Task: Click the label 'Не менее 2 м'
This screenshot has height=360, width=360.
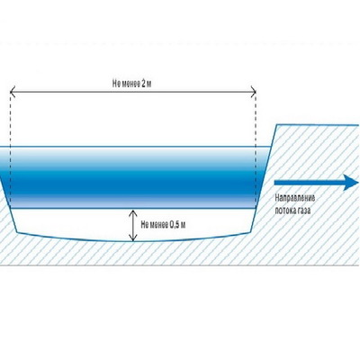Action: click(x=131, y=84)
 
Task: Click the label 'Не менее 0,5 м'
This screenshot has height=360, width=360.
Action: click(x=163, y=225)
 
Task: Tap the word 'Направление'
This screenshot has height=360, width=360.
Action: click(x=295, y=198)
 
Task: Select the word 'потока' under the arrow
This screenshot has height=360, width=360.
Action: click(x=285, y=211)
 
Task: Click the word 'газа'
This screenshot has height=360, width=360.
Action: click(x=304, y=211)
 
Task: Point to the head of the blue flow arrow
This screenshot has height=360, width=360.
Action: click(x=351, y=182)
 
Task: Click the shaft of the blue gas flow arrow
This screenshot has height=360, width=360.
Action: click(x=309, y=183)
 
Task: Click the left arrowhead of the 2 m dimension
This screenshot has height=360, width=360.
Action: click(x=13, y=91)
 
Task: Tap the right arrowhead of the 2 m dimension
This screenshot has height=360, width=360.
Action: click(x=254, y=91)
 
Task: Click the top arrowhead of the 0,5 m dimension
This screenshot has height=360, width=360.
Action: click(x=133, y=212)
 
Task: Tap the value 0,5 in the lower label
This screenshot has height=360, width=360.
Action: click(x=175, y=225)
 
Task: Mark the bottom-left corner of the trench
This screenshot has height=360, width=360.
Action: click(x=17, y=232)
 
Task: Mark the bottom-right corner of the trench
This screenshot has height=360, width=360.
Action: click(x=250, y=232)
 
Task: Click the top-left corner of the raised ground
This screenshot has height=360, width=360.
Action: click(x=277, y=124)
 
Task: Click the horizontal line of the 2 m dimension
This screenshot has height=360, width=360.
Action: click(x=133, y=91)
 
